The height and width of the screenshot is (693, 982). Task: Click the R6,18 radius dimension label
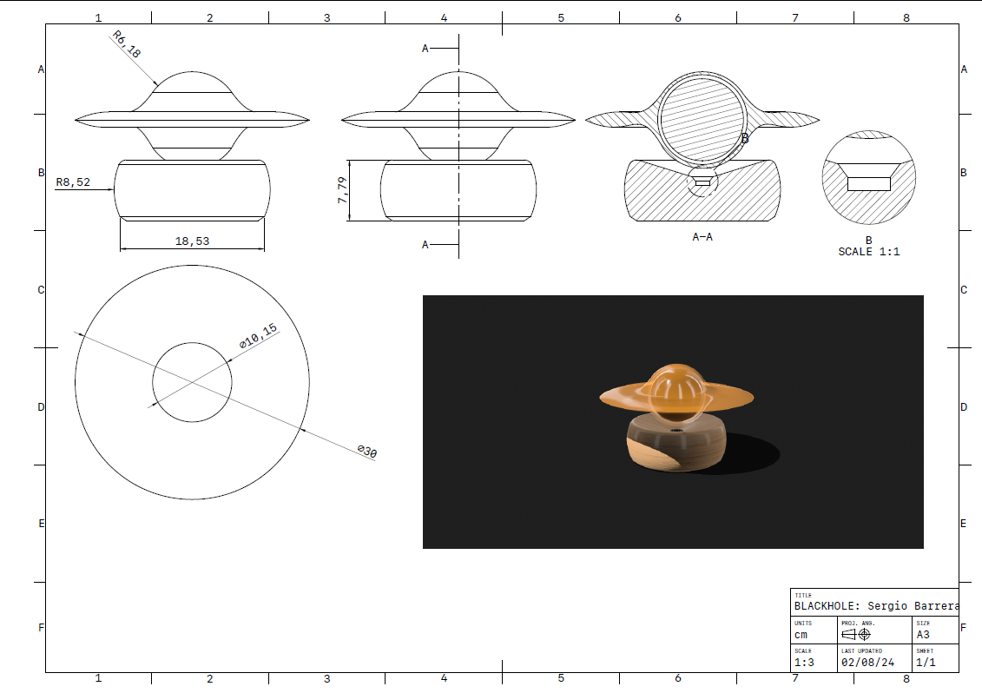point(127,44)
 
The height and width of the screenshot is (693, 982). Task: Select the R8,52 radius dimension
point(73,182)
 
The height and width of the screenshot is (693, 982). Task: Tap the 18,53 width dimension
point(192,241)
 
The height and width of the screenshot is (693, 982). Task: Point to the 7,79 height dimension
point(342,190)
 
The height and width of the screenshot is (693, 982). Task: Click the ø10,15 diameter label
point(258,336)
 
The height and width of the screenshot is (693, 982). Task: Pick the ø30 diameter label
point(367,451)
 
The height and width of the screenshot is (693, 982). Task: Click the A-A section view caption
point(702,237)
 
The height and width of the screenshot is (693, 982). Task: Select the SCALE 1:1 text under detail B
point(868,251)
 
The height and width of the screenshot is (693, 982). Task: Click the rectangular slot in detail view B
point(868,183)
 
